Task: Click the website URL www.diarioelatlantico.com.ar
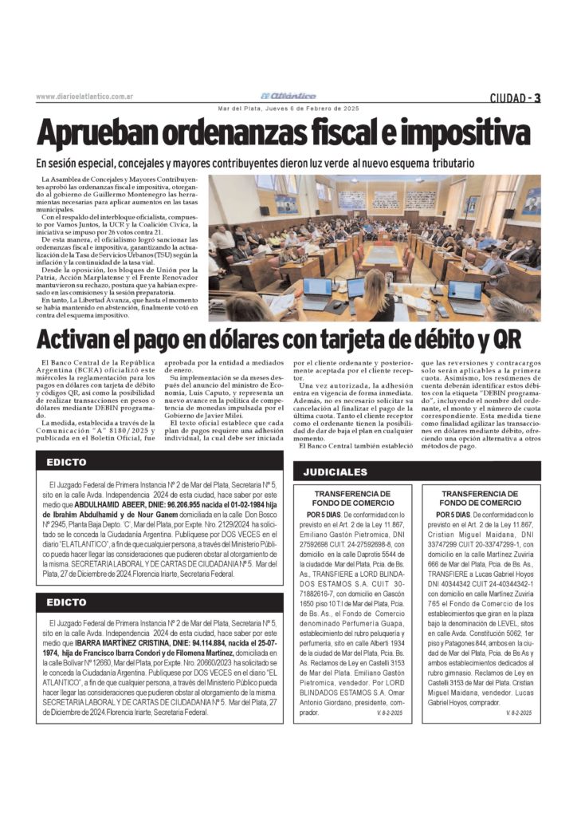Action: click(x=84, y=97)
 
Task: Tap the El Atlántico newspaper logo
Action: click(x=287, y=96)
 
